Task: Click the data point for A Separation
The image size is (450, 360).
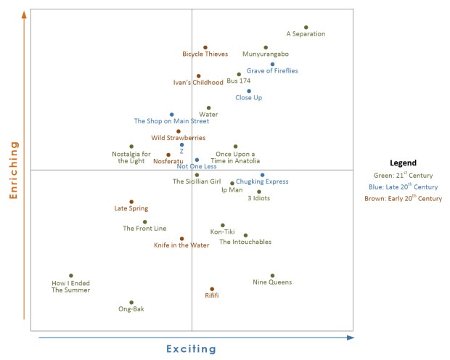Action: tap(306, 28)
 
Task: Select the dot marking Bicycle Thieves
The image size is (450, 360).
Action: tap(205, 48)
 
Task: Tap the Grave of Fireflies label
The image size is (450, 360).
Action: tap(272, 71)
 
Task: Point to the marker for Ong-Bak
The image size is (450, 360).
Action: tap(131, 303)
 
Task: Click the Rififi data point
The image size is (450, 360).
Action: tap(212, 289)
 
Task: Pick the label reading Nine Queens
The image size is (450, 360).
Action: tap(272, 282)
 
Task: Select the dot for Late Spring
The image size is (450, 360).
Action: tap(131, 202)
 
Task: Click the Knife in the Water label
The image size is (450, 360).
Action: tap(181, 245)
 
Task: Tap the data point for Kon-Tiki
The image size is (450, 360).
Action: tap(223, 225)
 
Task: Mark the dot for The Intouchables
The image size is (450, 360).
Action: tap(245, 235)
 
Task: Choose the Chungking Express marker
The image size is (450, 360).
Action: tap(263, 175)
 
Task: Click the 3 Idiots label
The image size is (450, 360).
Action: tap(259, 198)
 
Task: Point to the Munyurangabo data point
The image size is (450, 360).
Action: tap(266, 48)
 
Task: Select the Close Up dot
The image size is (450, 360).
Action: tap(249, 91)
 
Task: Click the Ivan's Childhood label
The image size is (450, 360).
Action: tap(198, 83)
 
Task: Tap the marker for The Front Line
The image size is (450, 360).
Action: tap(144, 222)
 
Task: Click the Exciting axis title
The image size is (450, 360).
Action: tap(192, 349)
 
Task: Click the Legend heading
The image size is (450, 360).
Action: tap(403, 163)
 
